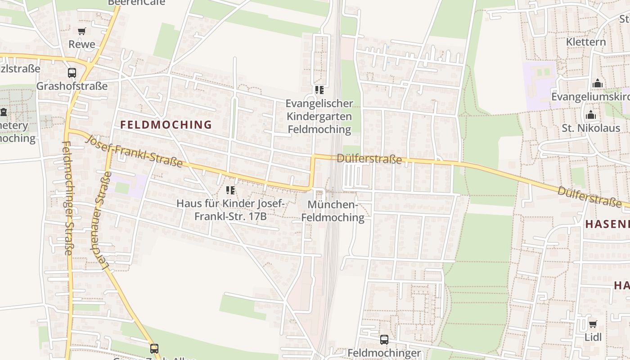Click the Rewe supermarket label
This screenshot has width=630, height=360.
point(82,44)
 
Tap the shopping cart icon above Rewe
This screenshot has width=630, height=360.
point(81,31)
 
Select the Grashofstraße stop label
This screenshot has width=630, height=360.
point(72,86)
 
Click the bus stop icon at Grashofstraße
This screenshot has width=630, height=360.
point(72,72)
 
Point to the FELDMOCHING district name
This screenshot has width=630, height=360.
point(166,125)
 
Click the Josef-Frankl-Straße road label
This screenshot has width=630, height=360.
point(134,151)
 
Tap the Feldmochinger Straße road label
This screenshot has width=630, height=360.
point(67,198)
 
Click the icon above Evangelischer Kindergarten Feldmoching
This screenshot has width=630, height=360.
point(319,90)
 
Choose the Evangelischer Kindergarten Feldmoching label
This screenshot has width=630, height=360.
point(319,116)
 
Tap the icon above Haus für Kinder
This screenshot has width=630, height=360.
point(230,190)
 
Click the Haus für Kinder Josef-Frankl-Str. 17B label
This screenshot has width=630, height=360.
point(230,210)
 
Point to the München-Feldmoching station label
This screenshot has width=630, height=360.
point(333,211)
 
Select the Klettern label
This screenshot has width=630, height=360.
point(586,42)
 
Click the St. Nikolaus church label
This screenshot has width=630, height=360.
point(591,128)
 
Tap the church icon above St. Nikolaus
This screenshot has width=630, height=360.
point(591,115)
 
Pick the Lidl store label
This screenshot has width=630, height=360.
point(593,337)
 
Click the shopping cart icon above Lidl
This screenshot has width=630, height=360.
point(593,324)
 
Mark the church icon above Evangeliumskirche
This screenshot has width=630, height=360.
point(598,83)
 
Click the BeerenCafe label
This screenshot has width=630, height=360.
point(136,2)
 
